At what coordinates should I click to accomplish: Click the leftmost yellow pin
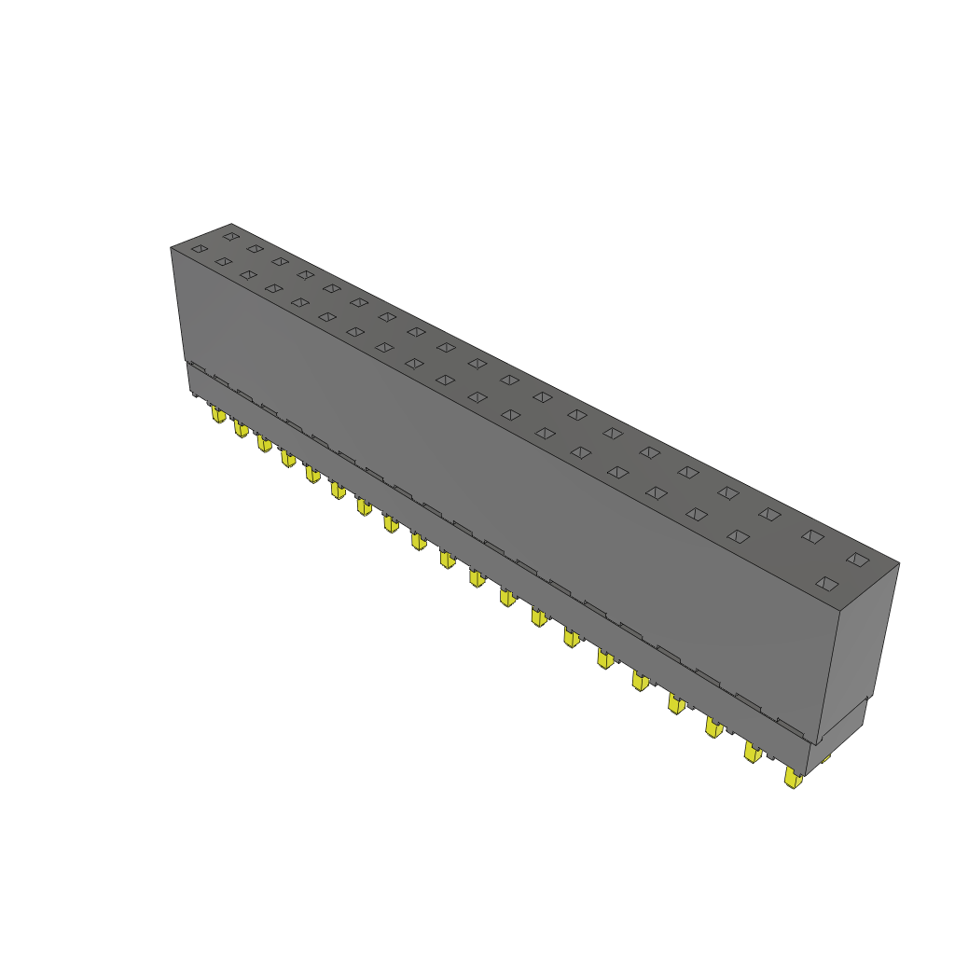(x=217, y=413)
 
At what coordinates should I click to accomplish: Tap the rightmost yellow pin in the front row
(x=793, y=778)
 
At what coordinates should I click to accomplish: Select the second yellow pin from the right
(x=752, y=752)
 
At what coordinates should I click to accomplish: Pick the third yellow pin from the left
(x=265, y=442)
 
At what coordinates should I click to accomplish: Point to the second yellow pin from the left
(x=241, y=427)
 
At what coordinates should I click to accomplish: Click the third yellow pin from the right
(x=713, y=727)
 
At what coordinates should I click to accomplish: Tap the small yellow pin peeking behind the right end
(x=826, y=758)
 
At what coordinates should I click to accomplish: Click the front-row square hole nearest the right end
(x=826, y=584)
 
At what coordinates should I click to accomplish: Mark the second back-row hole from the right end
(x=812, y=536)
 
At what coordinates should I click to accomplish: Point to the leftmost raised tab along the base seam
(x=196, y=368)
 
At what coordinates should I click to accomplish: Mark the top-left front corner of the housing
(x=171, y=248)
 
